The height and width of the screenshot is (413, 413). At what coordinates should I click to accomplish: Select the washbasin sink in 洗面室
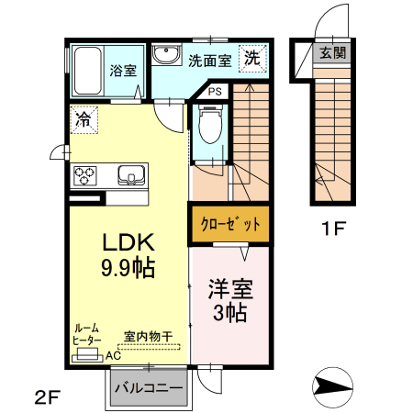[x=167, y=56]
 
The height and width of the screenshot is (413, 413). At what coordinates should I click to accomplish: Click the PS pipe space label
[x=214, y=92]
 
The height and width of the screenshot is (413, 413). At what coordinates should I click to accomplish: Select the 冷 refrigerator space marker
[x=83, y=118]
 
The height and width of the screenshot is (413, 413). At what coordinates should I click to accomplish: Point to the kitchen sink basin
[x=128, y=174]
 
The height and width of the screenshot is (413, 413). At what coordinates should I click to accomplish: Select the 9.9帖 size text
[x=128, y=269]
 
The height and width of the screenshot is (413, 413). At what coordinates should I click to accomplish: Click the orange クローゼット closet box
[x=231, y=223]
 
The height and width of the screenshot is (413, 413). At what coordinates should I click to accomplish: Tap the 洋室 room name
[x=230, y=288]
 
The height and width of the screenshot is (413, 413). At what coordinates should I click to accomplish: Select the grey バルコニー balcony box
[x=148, y=387]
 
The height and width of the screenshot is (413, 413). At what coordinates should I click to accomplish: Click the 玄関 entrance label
[x=332, y=53]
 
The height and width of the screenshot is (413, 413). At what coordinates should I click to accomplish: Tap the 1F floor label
[x=331, y=229]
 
